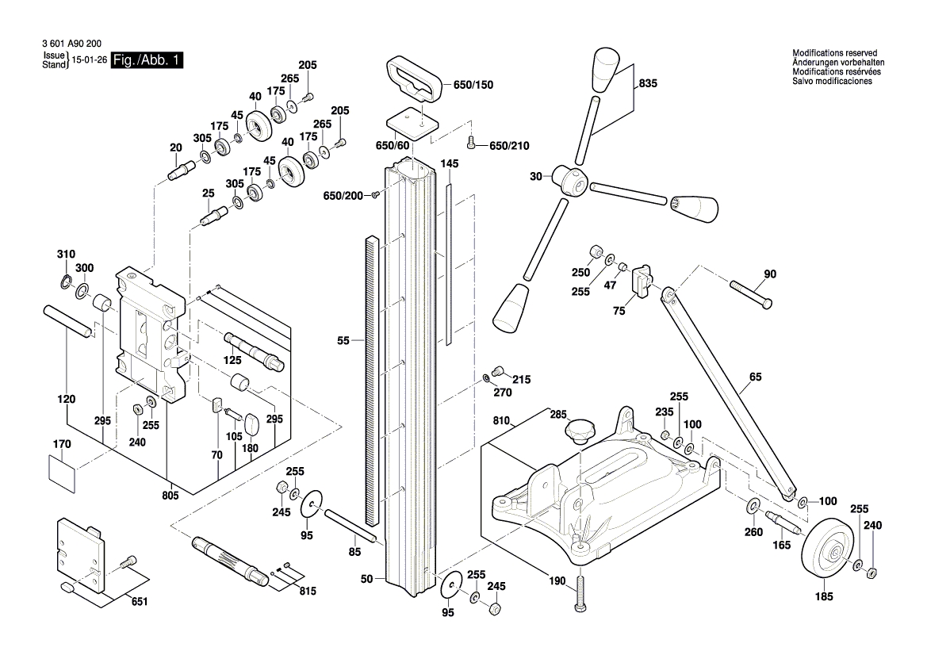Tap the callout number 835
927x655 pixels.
[x=648, y=82]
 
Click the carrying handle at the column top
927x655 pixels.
[x=416, y=79]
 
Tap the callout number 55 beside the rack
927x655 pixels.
[x=343, y=341]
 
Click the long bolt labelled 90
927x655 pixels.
[x=750, y=293]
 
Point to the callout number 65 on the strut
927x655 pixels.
[x=754, y=378]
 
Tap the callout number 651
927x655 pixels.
[x=139, y=602]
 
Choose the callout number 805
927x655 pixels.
[x=170, y=496]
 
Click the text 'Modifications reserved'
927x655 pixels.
[x=834, y=53]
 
